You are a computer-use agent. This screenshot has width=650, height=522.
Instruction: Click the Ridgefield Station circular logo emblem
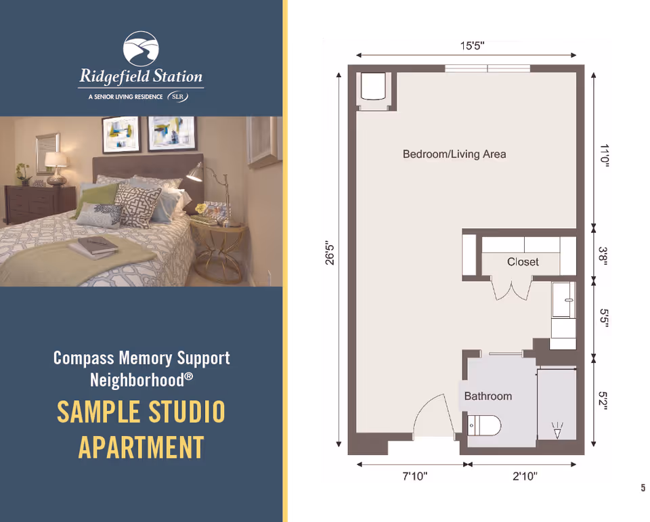(141, 49)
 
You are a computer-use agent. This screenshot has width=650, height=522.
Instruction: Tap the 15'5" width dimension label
(472, 45)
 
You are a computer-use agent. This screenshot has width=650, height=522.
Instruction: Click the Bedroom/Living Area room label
(454, 154)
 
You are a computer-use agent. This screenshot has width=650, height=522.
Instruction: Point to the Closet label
(523, 261)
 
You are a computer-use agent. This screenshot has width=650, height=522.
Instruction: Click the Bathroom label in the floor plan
(487, 396)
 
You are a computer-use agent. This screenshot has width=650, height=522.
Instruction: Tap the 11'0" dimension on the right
(604, 154)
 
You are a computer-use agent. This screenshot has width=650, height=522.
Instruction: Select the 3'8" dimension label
(604, 256)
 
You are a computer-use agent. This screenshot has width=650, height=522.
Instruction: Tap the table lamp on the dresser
(56, 167)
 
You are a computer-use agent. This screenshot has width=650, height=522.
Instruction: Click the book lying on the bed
(98, 245)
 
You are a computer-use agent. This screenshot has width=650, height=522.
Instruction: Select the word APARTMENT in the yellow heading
(141, 448)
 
